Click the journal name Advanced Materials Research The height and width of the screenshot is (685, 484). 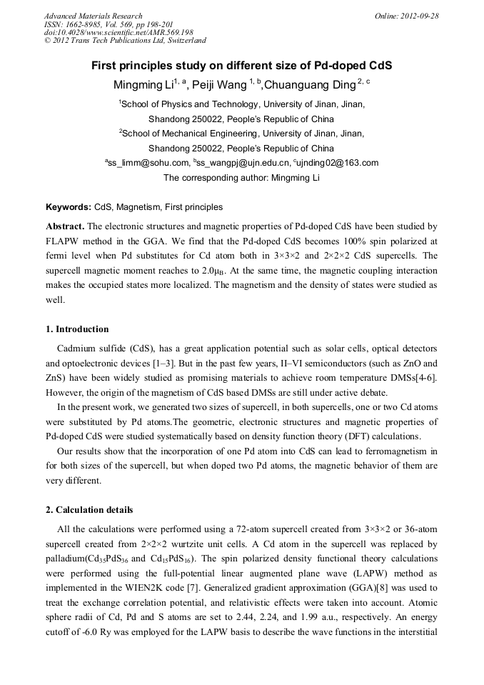93,16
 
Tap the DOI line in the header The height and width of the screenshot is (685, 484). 119,32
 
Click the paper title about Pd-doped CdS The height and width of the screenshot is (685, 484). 241,66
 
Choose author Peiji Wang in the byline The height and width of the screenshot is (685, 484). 224,85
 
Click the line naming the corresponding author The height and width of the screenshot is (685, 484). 241,178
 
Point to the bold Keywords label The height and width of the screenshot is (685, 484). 69,208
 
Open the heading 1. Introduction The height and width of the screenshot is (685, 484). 77,329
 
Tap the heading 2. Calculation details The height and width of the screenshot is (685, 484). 89,510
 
